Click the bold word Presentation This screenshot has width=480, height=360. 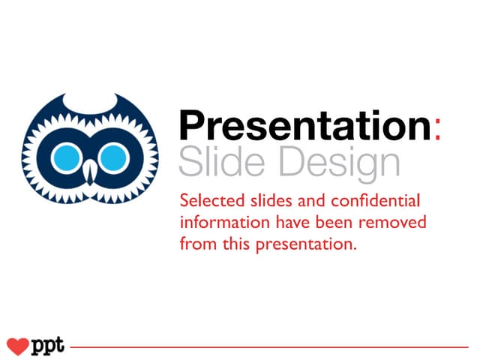tap(304, 126)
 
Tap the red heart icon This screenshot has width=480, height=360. tap(16, 346)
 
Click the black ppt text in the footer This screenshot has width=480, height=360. tap(48, 347)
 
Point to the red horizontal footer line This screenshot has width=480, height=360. tap(270, 347)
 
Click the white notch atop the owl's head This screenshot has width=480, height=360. tap(90, 102)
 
